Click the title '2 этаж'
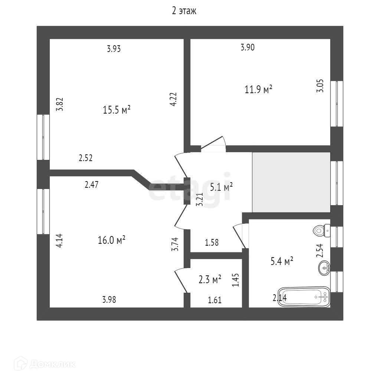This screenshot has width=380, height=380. [184, 11]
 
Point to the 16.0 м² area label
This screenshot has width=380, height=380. [111, 240]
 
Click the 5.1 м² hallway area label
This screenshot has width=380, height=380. [221, 187]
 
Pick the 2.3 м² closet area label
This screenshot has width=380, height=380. [210, 279]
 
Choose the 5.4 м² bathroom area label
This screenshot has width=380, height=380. [282, 262]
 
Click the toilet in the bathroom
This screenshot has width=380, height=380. [321, 230]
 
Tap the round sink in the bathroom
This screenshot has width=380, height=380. [324, 268]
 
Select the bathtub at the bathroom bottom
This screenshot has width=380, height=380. [304, 297]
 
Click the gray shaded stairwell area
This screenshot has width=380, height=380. [291, 182]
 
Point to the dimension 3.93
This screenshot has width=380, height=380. [114, 49]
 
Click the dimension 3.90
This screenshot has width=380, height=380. [248, 47]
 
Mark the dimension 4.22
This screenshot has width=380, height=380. [173, 100]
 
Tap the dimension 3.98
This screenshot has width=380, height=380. [109, 300]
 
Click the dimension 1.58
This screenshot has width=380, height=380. [212, 243]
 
